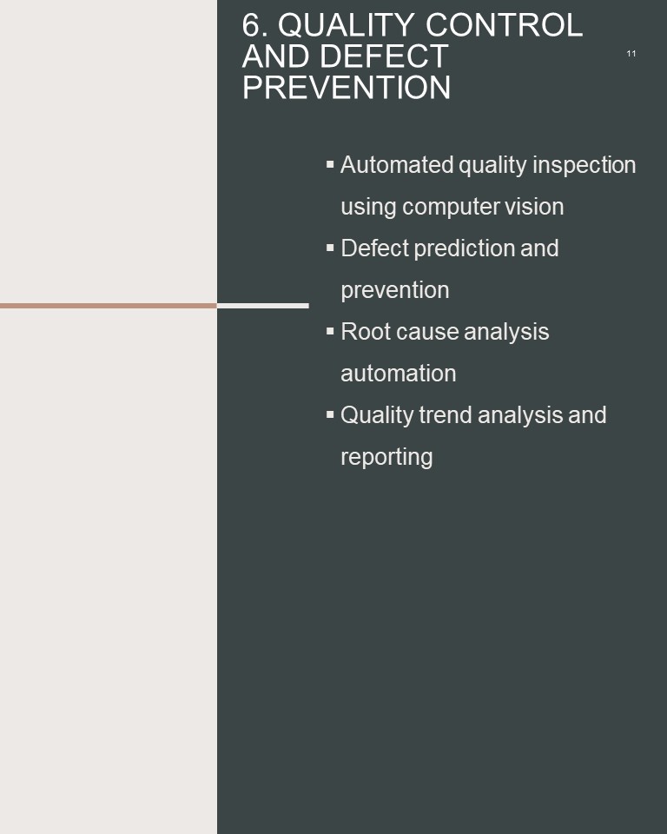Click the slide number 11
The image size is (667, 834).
pos(631,53)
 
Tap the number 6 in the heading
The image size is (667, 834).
pos(252,25)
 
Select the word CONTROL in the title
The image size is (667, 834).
pos(505,25)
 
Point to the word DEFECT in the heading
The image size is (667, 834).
pos(384,56)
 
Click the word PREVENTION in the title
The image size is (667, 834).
pos(347,87)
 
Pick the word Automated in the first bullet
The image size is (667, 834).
pos(396,165)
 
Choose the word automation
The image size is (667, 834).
pos(399,374)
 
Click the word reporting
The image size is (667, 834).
pos(386,458)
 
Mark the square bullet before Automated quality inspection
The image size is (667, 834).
pos(330,164)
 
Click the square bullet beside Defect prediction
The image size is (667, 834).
pos(330,248)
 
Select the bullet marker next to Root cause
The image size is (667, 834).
pos(330,331)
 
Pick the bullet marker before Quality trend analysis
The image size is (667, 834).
pos(330,414)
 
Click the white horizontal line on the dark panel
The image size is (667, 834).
pos(263,306)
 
